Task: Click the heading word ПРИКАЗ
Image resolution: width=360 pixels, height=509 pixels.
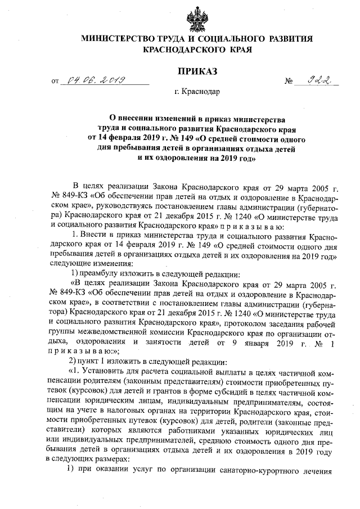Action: pyautogui.click(x=196, y=71)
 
